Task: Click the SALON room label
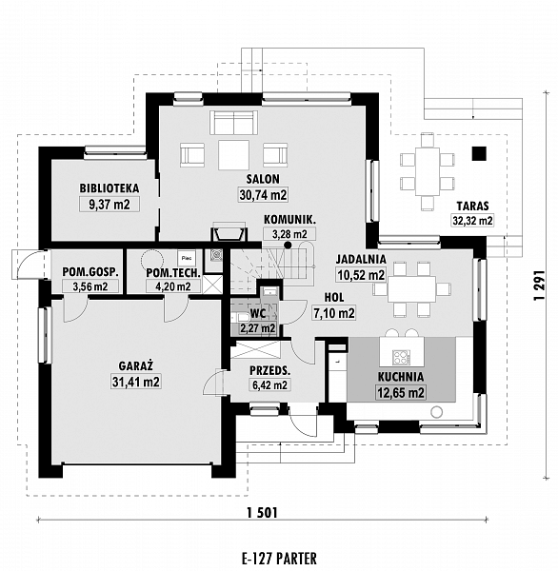263,179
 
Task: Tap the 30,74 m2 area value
263,195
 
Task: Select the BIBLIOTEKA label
110,188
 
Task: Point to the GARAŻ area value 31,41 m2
136,382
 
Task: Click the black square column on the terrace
479,153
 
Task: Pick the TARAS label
472,207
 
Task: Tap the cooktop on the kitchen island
401,357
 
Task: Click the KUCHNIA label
401,377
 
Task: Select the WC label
258,314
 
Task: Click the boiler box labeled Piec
187,258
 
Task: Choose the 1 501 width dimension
262,513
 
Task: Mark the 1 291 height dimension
539,285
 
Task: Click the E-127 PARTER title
279,558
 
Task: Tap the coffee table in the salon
234,155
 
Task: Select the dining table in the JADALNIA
412,289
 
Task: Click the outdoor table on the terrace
428,171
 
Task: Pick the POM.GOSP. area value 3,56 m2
90,286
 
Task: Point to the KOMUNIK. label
289,220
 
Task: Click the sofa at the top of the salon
233,123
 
